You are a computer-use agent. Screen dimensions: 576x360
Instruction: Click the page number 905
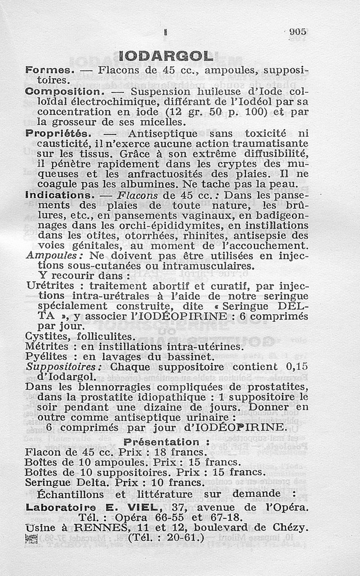[x=297, y=31]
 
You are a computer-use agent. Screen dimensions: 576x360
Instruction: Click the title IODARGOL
[x=166, y=56]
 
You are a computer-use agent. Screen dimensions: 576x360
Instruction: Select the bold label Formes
[x=49, y=71]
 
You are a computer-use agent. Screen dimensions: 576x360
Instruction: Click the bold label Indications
[x=58, y=196]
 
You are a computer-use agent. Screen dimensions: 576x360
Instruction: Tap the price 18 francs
[x=181, y=452]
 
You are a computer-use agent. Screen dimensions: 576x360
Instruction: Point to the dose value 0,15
[x=297, y=367]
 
